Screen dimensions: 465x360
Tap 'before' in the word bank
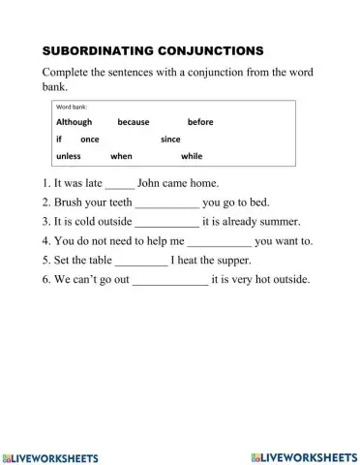click(199, 122)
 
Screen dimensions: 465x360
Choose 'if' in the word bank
click(59, 139)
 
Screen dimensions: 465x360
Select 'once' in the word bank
click(90, 139)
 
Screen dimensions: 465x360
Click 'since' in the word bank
click(170, 139)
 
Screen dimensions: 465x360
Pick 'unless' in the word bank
click(68, 155)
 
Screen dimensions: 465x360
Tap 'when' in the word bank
click(121, 155)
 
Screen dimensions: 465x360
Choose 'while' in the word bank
click(192, 155)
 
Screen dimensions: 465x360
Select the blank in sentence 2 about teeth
click(167, 203)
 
